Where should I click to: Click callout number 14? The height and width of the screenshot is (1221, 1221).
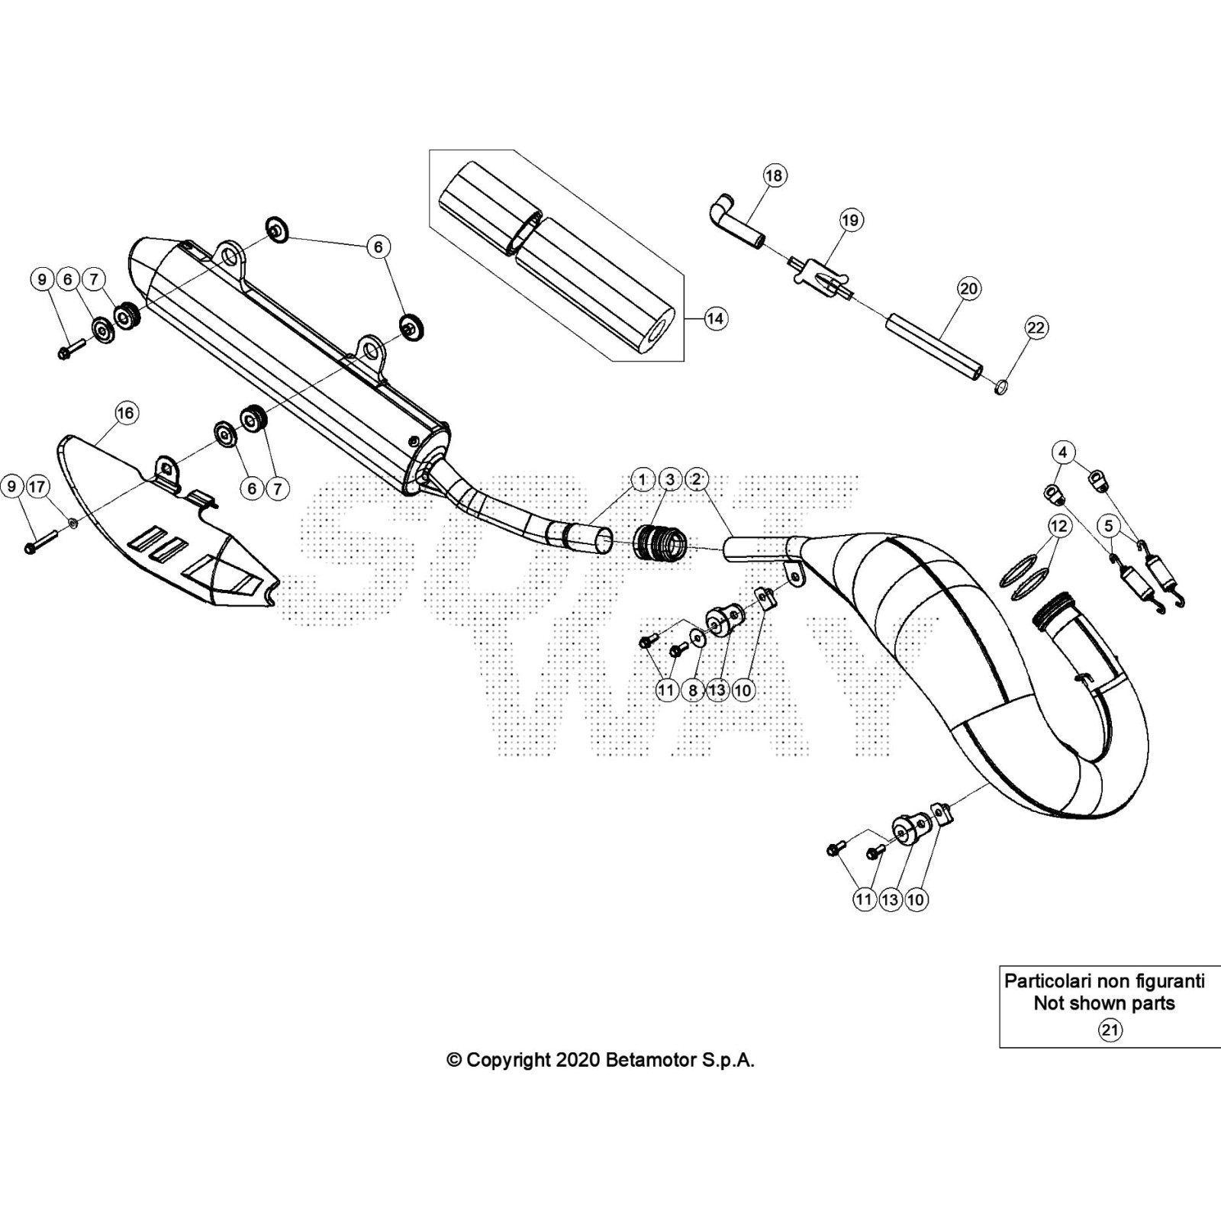tap(715, 318)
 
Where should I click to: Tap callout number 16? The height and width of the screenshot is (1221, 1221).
tap(126, 413)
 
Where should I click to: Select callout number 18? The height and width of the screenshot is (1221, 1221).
tap(774, 176)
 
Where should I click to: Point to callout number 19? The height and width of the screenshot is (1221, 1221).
tap(850, 221)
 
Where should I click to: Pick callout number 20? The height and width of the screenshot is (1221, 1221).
tap(968, 288)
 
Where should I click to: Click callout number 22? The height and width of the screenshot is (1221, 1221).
tap(1036, 327)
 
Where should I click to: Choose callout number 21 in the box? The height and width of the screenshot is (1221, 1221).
tap(1110, 1030)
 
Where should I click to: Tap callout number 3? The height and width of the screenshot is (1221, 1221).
tap(670, 479)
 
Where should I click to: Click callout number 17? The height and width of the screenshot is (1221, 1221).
tap(37, 486)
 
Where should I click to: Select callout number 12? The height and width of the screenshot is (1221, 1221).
tap(1058, 526)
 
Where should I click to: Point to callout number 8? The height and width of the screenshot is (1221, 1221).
tap(692, 691)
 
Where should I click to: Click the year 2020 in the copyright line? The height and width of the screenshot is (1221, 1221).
tap(578, 1060)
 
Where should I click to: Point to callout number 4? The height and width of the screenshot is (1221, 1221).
tap(1063, 452)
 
